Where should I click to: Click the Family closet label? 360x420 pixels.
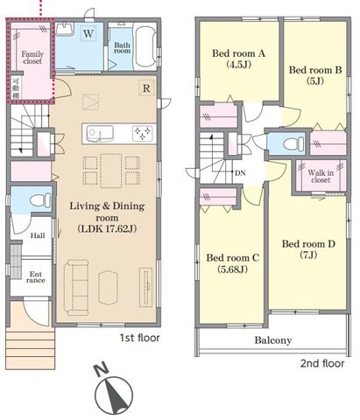[x=32, y=58]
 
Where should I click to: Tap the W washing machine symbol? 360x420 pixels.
[x=88, y=33]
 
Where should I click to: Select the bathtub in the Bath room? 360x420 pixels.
[x=145, y=47]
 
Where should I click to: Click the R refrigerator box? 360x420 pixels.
[x=146, y=88]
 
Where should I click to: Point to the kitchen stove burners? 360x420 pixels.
[x=143, y=134]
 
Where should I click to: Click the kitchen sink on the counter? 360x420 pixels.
[x=100, y=134]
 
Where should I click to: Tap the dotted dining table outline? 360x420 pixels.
[x=111, y=171]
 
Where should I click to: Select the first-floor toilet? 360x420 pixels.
[x=40, y=200]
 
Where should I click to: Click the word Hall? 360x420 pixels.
[x=38, y=235]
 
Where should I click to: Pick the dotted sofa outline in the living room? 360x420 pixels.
[x=76, y=288]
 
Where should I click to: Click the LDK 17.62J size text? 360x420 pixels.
[x=107, y=228]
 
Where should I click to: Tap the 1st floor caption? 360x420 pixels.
[x=140, y=338]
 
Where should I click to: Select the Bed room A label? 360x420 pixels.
[x=238, y=53]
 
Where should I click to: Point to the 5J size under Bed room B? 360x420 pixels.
[x=315, y=80]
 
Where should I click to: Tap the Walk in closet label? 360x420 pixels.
[x=321, y=176]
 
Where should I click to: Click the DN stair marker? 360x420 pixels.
[x=240, y=173]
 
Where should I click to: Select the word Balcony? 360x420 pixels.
[x=273, y=340]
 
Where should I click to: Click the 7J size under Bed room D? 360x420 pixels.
[x=308, y=255]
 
